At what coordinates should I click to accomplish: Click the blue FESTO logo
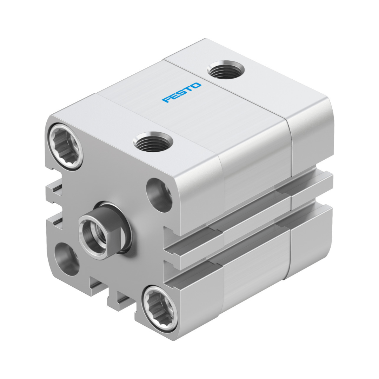(x=182, y=92)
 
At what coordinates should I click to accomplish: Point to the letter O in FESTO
(x=196, y=86)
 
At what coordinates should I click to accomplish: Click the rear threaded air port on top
(x=226, y=70)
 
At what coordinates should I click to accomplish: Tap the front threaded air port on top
(x=153, y=142)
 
